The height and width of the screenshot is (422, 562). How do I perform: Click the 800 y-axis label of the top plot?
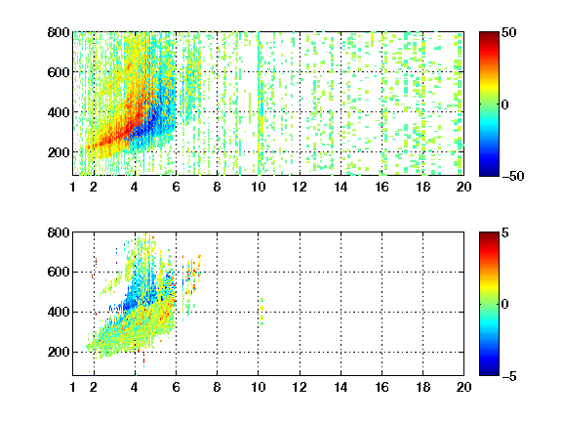(59, 32)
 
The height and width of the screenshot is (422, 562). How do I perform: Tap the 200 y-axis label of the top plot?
(59, 152)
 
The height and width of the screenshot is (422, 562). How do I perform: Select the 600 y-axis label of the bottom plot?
(59, 272)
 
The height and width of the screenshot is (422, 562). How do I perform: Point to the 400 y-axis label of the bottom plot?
(59, 312)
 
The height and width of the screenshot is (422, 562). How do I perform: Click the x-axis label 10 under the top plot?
(258, 187)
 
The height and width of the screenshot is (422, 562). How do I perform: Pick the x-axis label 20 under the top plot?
(463, 187)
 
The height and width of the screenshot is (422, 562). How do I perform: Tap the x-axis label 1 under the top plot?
(73, 187)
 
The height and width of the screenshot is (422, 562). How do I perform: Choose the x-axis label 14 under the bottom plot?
(341, 387)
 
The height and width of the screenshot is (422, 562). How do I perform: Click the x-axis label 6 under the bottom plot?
(176, 387)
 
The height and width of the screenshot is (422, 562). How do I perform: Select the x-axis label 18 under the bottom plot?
(422, 387)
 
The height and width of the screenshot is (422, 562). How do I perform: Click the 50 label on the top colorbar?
(508, 32)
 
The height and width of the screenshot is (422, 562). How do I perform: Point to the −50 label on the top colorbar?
(513, 176)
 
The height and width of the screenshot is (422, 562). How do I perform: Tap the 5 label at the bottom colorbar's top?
(505, 232)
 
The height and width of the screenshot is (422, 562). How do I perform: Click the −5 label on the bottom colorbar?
(509, 376)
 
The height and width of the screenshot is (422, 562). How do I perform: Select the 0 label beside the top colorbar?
(505, 105)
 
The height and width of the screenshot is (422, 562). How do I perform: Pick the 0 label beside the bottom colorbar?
(505, 305)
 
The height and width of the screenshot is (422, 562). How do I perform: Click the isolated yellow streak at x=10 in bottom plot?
(262, 311)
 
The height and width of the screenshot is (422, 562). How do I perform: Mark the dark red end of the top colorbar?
(489, 34)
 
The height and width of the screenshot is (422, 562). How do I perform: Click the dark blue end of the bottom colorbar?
(489, 372)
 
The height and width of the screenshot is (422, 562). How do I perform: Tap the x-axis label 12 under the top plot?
(300, 187)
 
